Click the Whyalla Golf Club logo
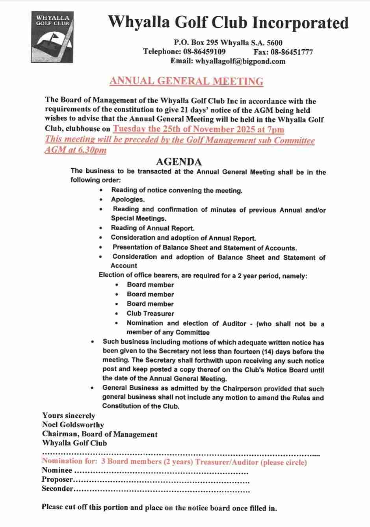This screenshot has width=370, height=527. pos(52,37)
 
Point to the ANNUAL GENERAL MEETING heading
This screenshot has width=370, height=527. pos(186,81)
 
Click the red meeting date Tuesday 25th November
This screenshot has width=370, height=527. pos(198,129)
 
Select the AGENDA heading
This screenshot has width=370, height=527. pos(179,162)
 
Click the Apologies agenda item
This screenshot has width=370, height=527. pos(128,199)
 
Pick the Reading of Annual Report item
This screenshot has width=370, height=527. pos(152,228)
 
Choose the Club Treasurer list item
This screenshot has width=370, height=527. pos(150,313)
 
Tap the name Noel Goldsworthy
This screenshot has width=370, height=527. pos(73,425)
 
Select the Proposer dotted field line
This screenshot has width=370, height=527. pos(162,480)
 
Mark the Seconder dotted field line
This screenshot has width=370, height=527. pos(162,490)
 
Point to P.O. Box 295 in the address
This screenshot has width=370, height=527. pos(197,43)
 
